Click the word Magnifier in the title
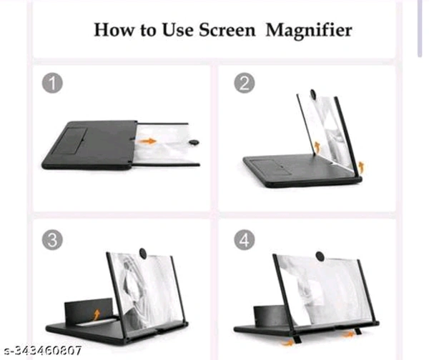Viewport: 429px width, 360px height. (309, 31)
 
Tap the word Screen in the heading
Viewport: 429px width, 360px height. (227, 30)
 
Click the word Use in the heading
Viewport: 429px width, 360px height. (178, 30)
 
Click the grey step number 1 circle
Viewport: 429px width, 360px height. (52, 83)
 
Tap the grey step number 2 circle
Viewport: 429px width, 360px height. (245, 83)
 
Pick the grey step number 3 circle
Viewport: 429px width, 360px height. (52, 240)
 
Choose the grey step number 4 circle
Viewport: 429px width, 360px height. (245, 240)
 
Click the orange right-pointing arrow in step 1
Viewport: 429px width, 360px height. (148, 141)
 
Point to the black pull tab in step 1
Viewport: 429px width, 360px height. (194, 142)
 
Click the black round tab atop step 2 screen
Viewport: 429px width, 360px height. (312, 94)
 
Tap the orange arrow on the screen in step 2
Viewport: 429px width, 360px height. (317, 147)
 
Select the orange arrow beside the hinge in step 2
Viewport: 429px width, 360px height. (361, 166)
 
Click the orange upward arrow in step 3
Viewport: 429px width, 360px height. (97, 314)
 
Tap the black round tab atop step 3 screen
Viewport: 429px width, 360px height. (143, 253)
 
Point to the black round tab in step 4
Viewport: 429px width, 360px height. (320, 256)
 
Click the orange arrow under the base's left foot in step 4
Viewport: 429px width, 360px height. (287, 343)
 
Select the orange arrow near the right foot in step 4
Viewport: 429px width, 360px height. (348, 334)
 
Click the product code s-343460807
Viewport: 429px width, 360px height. (43, 350)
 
